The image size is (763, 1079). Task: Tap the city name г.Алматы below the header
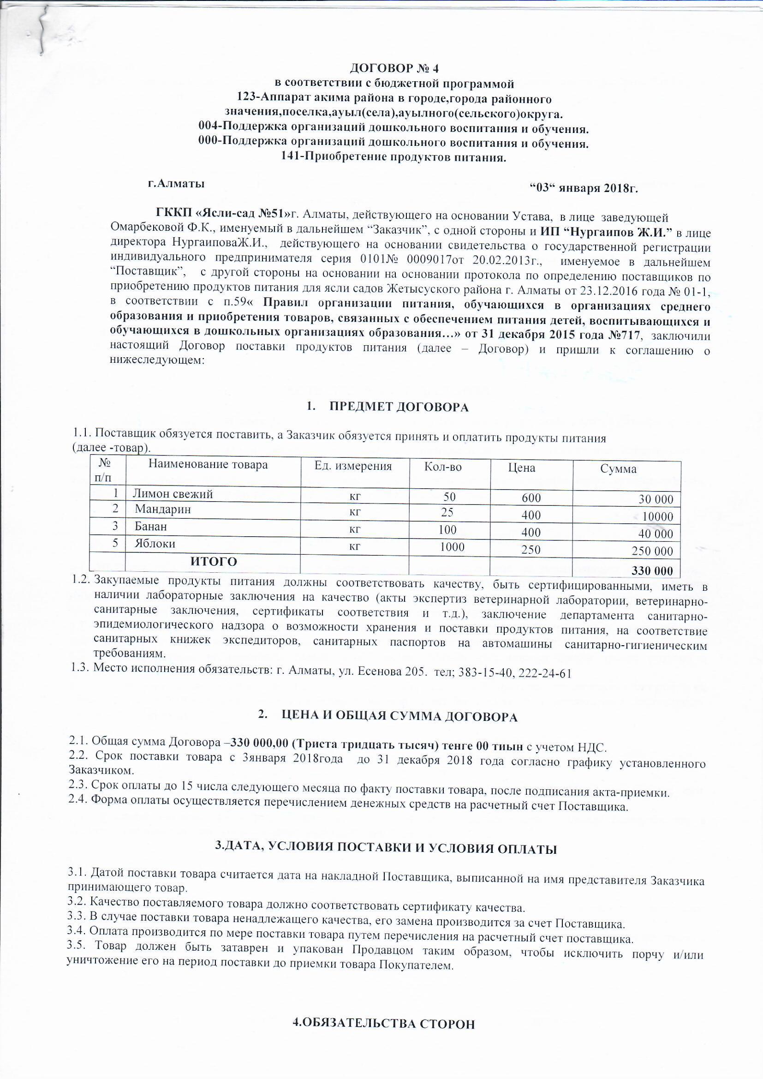pyautogui.click(x=176, y=184)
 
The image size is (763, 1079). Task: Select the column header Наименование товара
pyautogui.click(x=208, y=465)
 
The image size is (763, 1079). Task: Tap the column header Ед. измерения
pyautogui.click(x=353, y=466)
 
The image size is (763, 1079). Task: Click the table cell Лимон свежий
pyautogui.click(x=173, y=494)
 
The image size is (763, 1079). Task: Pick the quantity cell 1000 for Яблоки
pyautogui.click(x=452, y=547)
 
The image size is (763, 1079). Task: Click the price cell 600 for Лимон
pyautogui.click(x=531, y=498)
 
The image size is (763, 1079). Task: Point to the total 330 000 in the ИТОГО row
pyautogui.click(x=652, y=571)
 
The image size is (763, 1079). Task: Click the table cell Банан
pyautogui.click(x=151, y=526)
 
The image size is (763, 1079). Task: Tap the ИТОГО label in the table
pyautogui.click(x=213, y=562)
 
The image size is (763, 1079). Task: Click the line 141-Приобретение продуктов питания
pyautogui.click(x=393, y=157)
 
